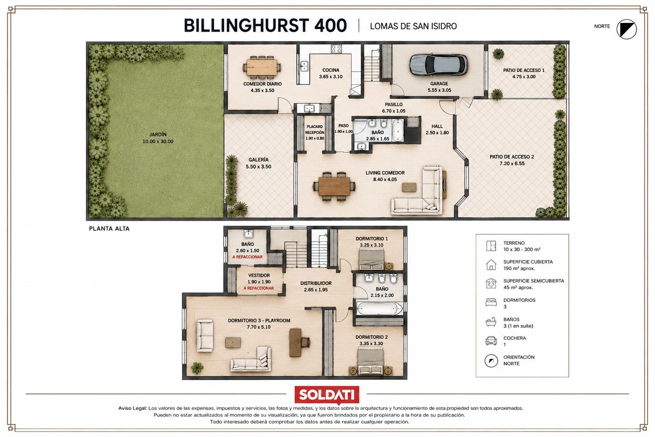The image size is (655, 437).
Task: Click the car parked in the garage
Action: (438, 65)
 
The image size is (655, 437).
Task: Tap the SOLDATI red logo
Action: (327, 395)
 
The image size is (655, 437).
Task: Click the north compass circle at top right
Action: (626, 29)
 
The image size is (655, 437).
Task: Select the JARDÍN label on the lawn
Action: (158, 134)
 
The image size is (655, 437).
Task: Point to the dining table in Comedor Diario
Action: (262, 67)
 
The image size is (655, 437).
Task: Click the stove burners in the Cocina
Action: (336, 49)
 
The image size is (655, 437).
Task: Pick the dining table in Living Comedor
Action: (334, 186)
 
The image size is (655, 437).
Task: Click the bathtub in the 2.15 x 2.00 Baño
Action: (379, 309)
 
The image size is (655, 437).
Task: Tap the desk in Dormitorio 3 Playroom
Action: (295, 343)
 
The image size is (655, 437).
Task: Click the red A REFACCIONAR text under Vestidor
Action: (259, 288)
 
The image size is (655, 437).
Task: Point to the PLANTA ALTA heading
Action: (109, 229)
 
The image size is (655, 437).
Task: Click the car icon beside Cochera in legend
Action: (491, 341)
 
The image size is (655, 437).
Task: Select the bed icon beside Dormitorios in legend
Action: (491, 303)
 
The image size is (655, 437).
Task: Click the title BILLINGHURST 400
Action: (265, 26)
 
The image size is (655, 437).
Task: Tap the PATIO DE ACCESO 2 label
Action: (512, 157)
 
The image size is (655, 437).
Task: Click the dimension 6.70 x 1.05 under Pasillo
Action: (393, 111)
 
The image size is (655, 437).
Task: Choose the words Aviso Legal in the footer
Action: (132, 408)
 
